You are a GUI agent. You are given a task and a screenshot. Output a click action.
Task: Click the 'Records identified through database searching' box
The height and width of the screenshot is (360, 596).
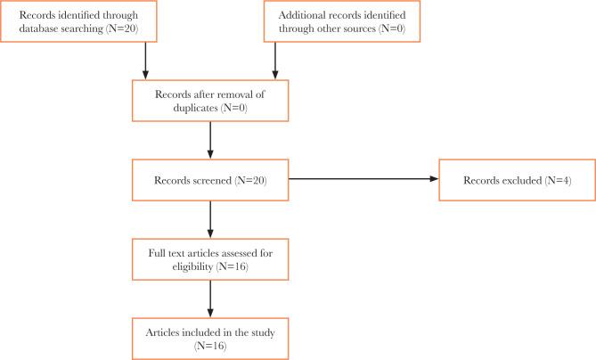click(78, 22)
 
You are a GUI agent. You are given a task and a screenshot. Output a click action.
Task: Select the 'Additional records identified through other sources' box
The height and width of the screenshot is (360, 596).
click(340, 22)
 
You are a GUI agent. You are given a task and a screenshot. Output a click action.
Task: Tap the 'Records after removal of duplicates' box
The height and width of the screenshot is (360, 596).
click(209, 100)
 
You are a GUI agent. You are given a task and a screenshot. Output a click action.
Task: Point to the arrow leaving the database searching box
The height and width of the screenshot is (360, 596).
click(144, 61)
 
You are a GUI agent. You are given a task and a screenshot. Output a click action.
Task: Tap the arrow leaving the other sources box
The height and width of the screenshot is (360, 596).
click(274, 61)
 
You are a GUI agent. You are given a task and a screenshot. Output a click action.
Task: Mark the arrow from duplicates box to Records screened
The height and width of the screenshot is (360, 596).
click(209, 139)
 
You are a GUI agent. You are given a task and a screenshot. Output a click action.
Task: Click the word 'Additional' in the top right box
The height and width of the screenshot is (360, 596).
click(300, 15)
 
